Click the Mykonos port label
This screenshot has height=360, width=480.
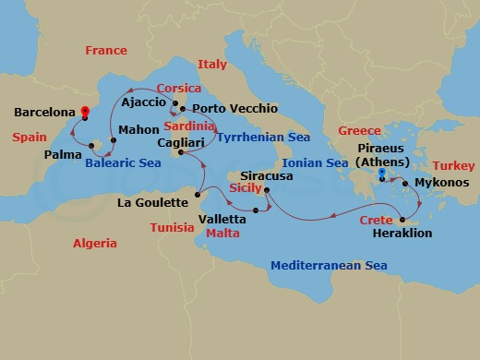[442, 183]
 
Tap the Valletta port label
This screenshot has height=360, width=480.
[222, 220]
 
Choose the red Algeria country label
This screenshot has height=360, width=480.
[95, 244]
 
